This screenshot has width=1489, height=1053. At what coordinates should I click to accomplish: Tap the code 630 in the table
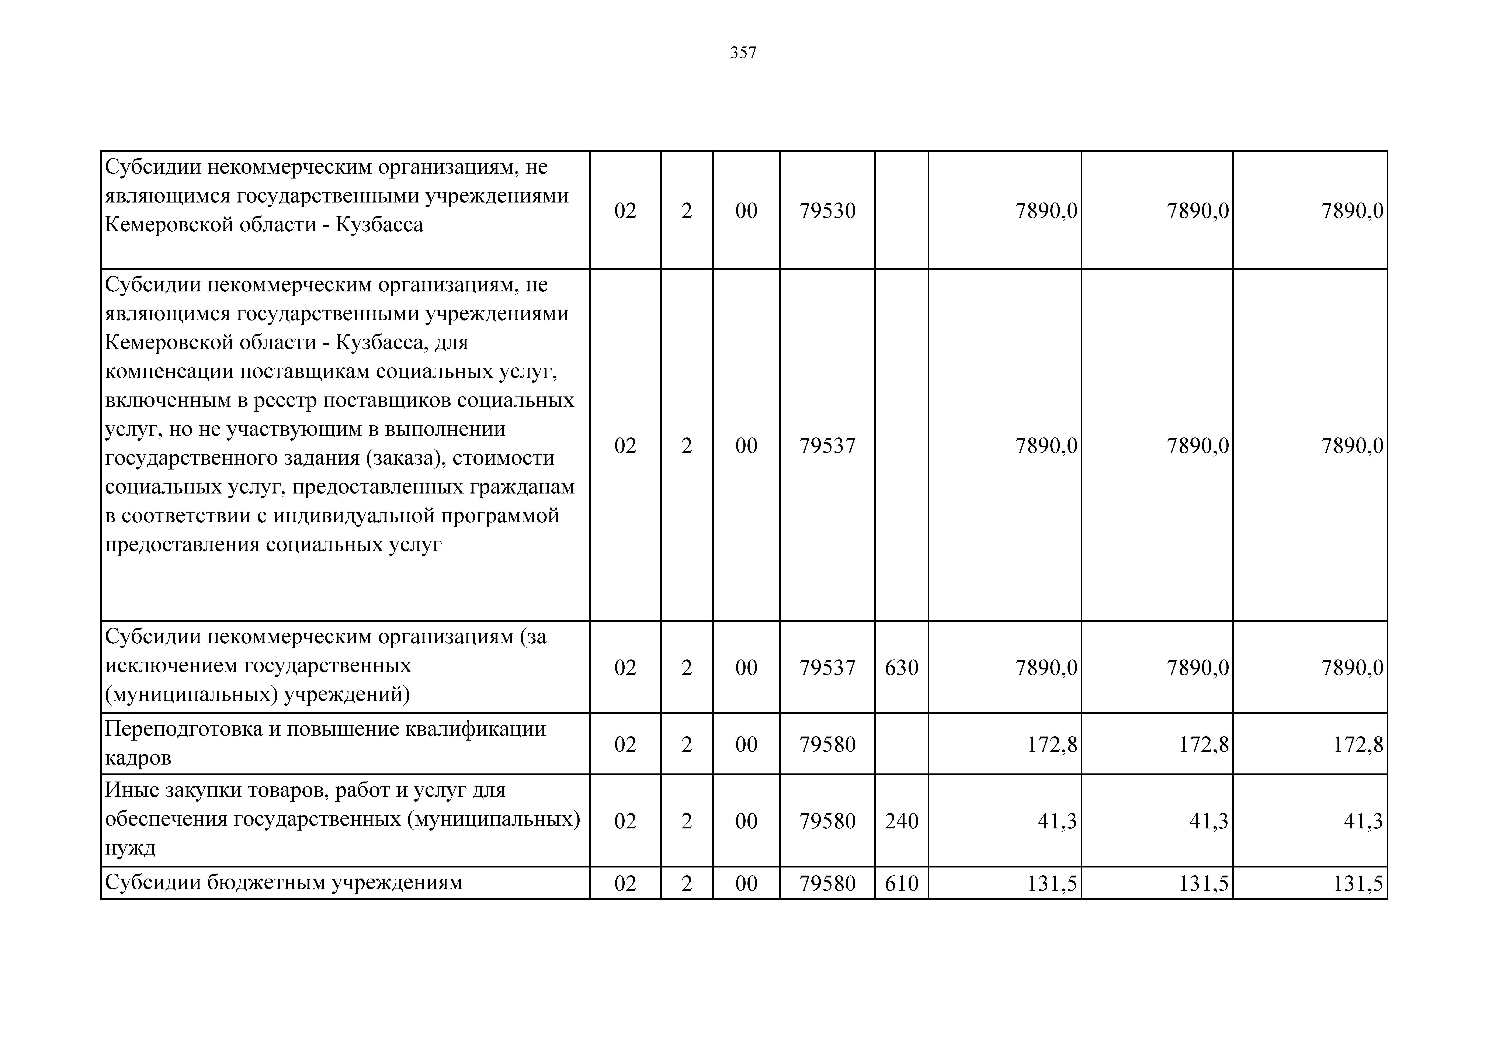[901, 668]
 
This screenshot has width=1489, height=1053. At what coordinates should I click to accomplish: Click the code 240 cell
[901, 821]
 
